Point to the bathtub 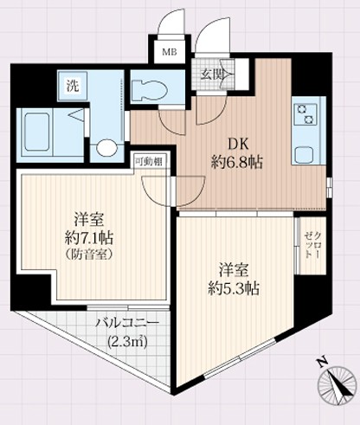40,132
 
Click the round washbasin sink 106,148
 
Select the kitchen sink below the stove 305,155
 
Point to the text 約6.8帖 237,162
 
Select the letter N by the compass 322,362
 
